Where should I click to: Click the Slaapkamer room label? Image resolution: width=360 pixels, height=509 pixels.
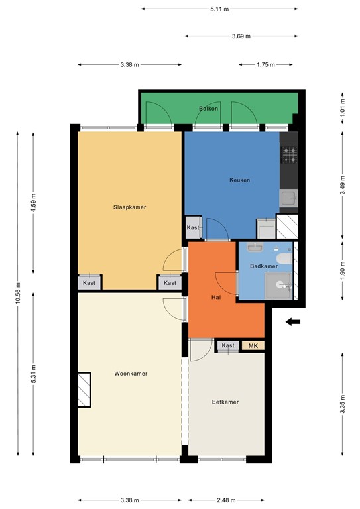tap(129, 207)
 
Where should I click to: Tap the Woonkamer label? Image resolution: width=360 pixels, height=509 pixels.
tap(131, 374)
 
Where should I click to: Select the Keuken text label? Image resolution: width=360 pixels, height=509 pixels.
tap(239, 180)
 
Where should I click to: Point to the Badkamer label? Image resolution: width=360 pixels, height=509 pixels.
tap(264, 266)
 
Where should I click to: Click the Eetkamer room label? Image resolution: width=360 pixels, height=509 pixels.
tap(225, 402)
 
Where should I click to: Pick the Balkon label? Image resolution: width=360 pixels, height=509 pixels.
tap(208, 109)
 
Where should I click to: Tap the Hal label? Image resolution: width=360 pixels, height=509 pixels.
tap(216, 297)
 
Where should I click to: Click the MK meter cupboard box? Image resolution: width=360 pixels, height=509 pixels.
tap(253, 345)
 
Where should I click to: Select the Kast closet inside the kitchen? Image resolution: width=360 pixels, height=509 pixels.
tap(193, 227)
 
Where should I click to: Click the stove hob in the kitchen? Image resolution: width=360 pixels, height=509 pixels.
tap(289, 155)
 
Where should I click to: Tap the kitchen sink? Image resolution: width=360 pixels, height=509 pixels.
tap(288, 198)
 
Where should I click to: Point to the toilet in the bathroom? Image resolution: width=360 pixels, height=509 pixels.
tap(284, 258)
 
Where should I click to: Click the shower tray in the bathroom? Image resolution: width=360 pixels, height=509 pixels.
tap(278, 286)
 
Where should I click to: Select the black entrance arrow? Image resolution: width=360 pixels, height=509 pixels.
tap(293, 322)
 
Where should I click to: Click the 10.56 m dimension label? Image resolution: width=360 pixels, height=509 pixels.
tap(17, 294)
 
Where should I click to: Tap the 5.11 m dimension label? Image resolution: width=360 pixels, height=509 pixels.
tap(219, 9)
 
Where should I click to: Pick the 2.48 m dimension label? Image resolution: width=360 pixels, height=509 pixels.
tap(226, 500)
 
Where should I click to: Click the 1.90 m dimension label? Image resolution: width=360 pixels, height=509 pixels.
tap(343, 270)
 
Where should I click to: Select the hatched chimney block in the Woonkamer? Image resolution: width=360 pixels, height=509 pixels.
tap(84, 390)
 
